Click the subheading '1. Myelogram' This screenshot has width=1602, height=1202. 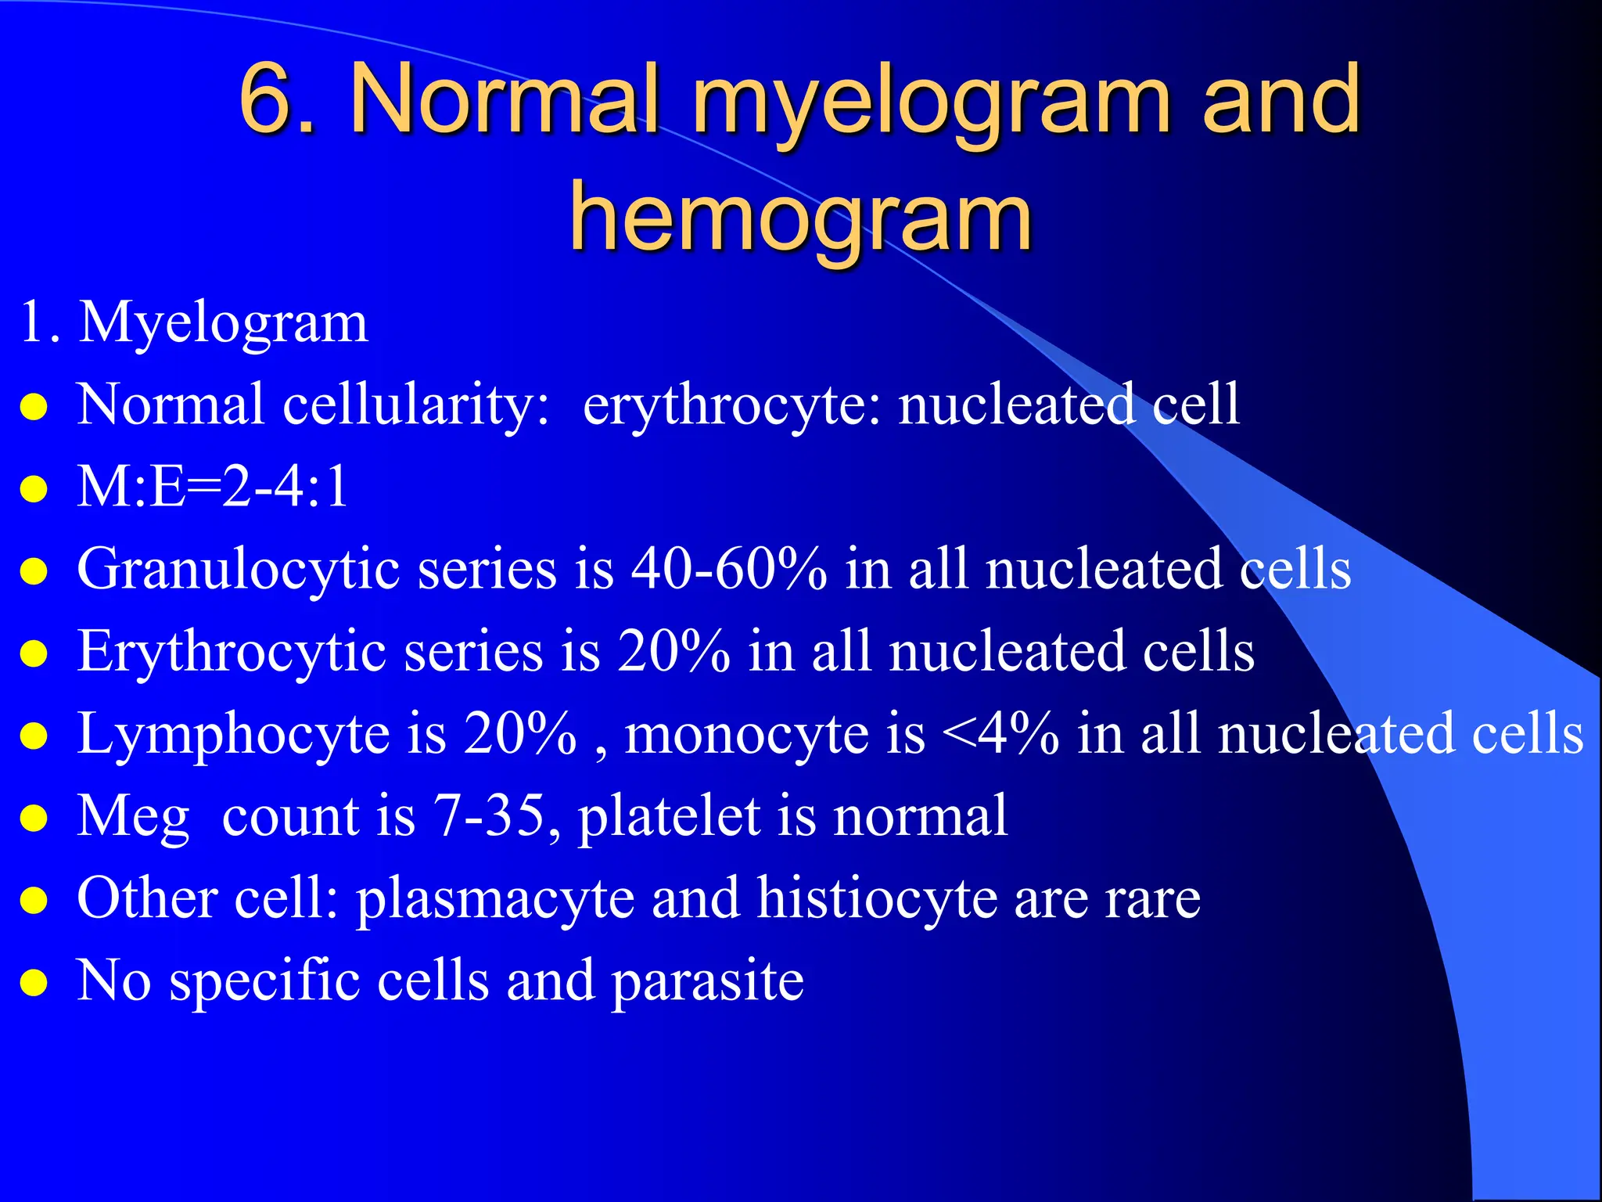point(193,322)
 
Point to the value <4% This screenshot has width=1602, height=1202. point(1000,734)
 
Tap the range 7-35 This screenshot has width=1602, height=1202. point(489,816)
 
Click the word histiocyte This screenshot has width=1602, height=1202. point(876,898)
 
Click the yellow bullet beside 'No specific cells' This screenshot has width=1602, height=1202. point(34,982)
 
